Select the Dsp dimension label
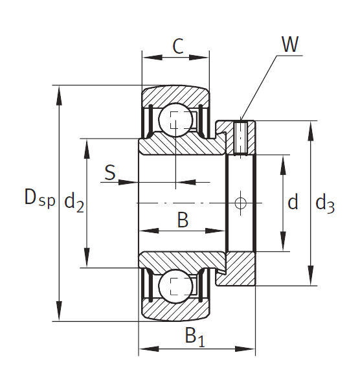(39, 198)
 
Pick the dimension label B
(183, 220)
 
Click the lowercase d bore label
(293, 203)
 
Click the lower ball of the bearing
(175, 286)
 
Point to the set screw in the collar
(241, 137)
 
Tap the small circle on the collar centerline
(241, 203)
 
